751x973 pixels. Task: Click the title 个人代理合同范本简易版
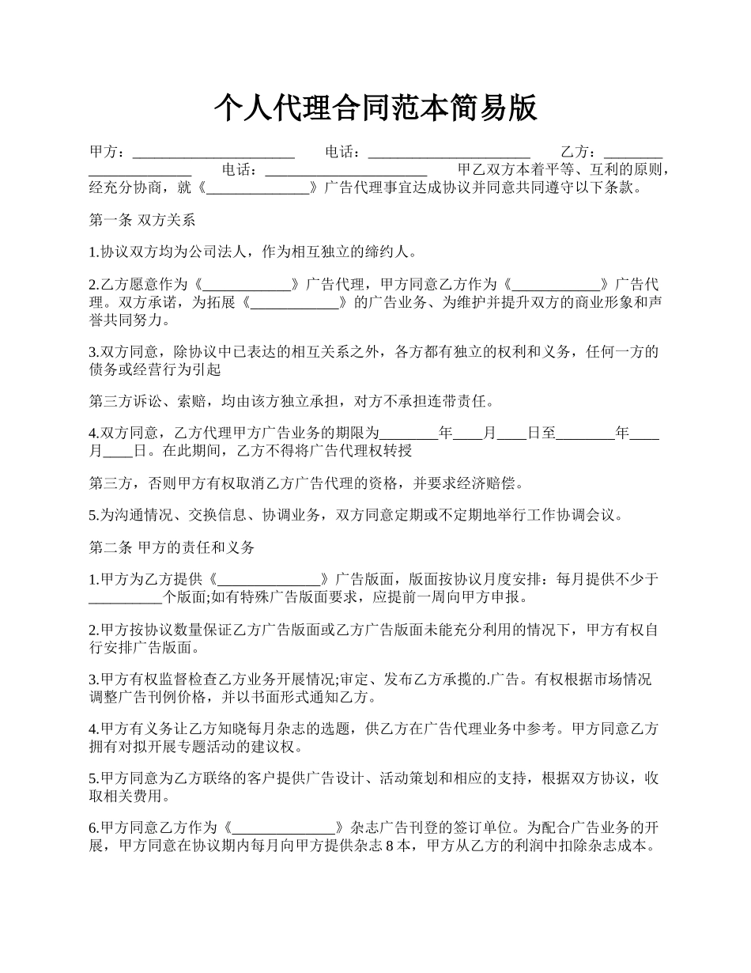(375, 108)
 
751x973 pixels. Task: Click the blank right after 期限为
(408, 433)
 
